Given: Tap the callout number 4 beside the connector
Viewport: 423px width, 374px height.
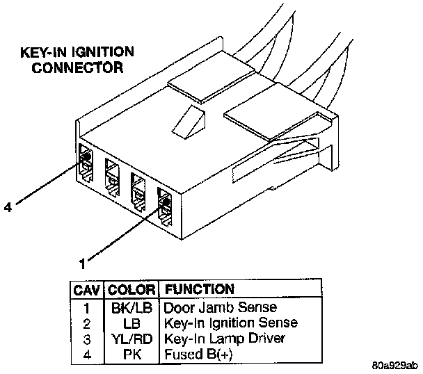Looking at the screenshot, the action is click(x=7, y=205).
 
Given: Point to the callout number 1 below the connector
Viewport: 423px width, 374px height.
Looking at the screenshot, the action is click(x=83, y=263).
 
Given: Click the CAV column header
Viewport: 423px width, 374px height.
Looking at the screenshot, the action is click(x=86, y=288).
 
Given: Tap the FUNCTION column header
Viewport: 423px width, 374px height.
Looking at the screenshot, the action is click(x=198, y=288).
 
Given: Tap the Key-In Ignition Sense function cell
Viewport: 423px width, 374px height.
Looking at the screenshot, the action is click(x=230, y=323).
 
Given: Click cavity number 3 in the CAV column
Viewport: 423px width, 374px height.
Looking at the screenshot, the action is click(x=86, y=339).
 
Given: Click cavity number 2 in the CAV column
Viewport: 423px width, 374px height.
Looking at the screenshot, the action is click(x=86, y=323).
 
